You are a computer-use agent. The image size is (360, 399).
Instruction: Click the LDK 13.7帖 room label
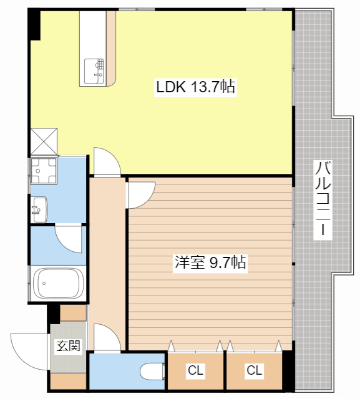[195, 87]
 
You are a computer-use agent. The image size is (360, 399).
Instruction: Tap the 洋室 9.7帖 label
[210, 263]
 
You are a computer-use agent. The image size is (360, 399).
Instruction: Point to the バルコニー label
[323, 199]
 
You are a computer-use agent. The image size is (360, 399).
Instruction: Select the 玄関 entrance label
[68, 345]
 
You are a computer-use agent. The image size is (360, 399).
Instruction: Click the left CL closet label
[195, 370]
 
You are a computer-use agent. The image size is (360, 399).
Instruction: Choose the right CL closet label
[255, 370]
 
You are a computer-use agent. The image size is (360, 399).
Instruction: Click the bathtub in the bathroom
[58, 283]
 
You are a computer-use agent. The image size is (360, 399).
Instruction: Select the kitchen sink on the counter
[94, 71]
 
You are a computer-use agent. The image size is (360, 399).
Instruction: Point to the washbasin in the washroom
[39, 209]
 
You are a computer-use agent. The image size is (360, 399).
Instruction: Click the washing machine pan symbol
[44, 170]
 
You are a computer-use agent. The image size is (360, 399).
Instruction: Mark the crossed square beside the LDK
[44, 142]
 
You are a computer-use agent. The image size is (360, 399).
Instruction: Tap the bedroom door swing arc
[142, 195]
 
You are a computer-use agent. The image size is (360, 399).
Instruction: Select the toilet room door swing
[107, 338]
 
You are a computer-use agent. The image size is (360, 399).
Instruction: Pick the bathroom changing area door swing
[68, 239]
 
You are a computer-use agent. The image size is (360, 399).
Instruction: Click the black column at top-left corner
[34, 24]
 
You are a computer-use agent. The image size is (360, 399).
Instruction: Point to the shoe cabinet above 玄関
[73, 313]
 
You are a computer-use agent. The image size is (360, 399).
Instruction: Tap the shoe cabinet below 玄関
[68, 381]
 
